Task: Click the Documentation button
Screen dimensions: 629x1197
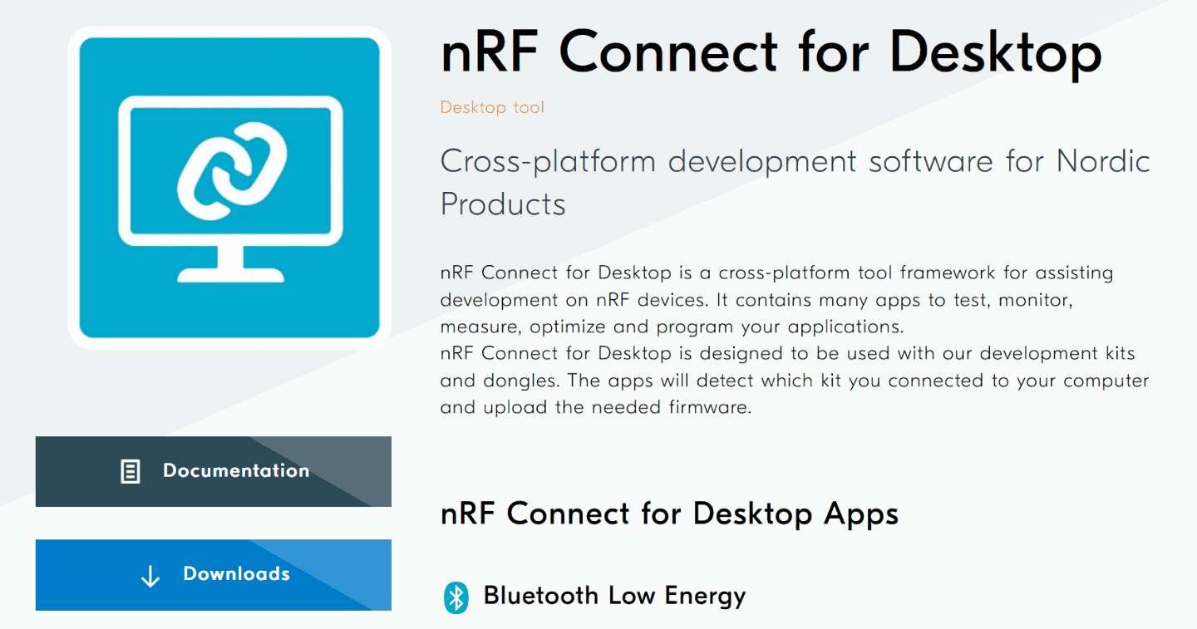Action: point(213,471)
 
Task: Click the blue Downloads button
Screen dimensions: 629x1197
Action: point(213,574)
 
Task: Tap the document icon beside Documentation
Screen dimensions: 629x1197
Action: point(131,472)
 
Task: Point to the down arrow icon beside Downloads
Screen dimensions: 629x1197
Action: point(150,576)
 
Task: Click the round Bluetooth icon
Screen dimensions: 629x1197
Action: point(456,597)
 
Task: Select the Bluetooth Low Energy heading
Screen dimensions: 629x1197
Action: point(614,596)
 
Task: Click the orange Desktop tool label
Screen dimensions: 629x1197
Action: point(492,107)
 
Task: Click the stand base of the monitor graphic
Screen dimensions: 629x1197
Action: point(231,274)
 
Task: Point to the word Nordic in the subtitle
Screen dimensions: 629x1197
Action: point(1102,160)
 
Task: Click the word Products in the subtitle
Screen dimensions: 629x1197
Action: point(503,204)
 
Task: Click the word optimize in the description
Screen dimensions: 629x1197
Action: point(565,326)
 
